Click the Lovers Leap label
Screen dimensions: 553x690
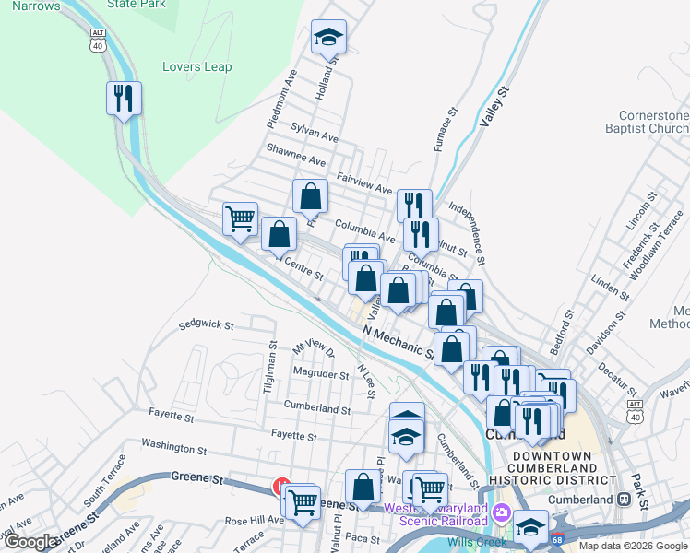click(196, 66)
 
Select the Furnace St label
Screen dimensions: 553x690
click(446, 129)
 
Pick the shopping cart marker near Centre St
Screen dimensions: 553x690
click(240, 221)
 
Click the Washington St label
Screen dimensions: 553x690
click(174, 448)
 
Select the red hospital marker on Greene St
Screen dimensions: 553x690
click(281, 486)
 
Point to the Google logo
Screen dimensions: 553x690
click(31, 542)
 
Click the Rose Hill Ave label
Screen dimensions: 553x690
click(254, 520)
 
